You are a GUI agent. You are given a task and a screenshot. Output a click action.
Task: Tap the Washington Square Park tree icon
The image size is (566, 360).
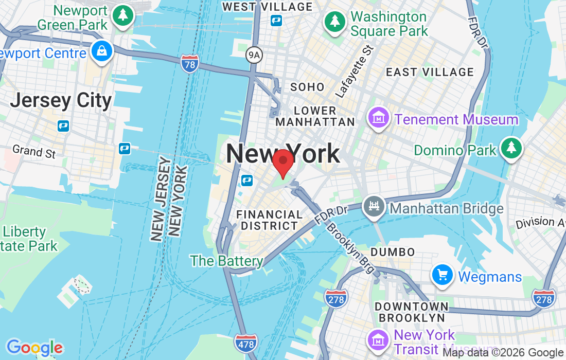coord(335,21)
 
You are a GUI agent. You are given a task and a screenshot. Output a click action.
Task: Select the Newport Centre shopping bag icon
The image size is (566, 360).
coord(102,51)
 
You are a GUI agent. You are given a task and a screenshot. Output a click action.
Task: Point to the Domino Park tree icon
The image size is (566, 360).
coord(511,148)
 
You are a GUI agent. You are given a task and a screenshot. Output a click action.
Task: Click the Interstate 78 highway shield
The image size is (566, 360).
coord(190,64)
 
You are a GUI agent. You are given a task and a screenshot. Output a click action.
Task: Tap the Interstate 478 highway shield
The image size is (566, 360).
coord(245,343)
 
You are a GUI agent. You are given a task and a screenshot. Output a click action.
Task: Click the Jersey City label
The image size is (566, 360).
coord(61,100)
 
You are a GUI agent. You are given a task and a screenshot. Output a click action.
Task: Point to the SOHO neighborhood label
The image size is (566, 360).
coord(307,87)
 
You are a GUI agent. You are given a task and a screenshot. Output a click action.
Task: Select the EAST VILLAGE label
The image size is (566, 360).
coord(430,72)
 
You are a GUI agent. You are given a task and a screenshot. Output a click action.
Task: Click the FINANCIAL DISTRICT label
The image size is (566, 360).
coord(269,220)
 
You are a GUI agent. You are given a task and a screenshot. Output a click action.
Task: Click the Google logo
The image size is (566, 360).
coord(34,348)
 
